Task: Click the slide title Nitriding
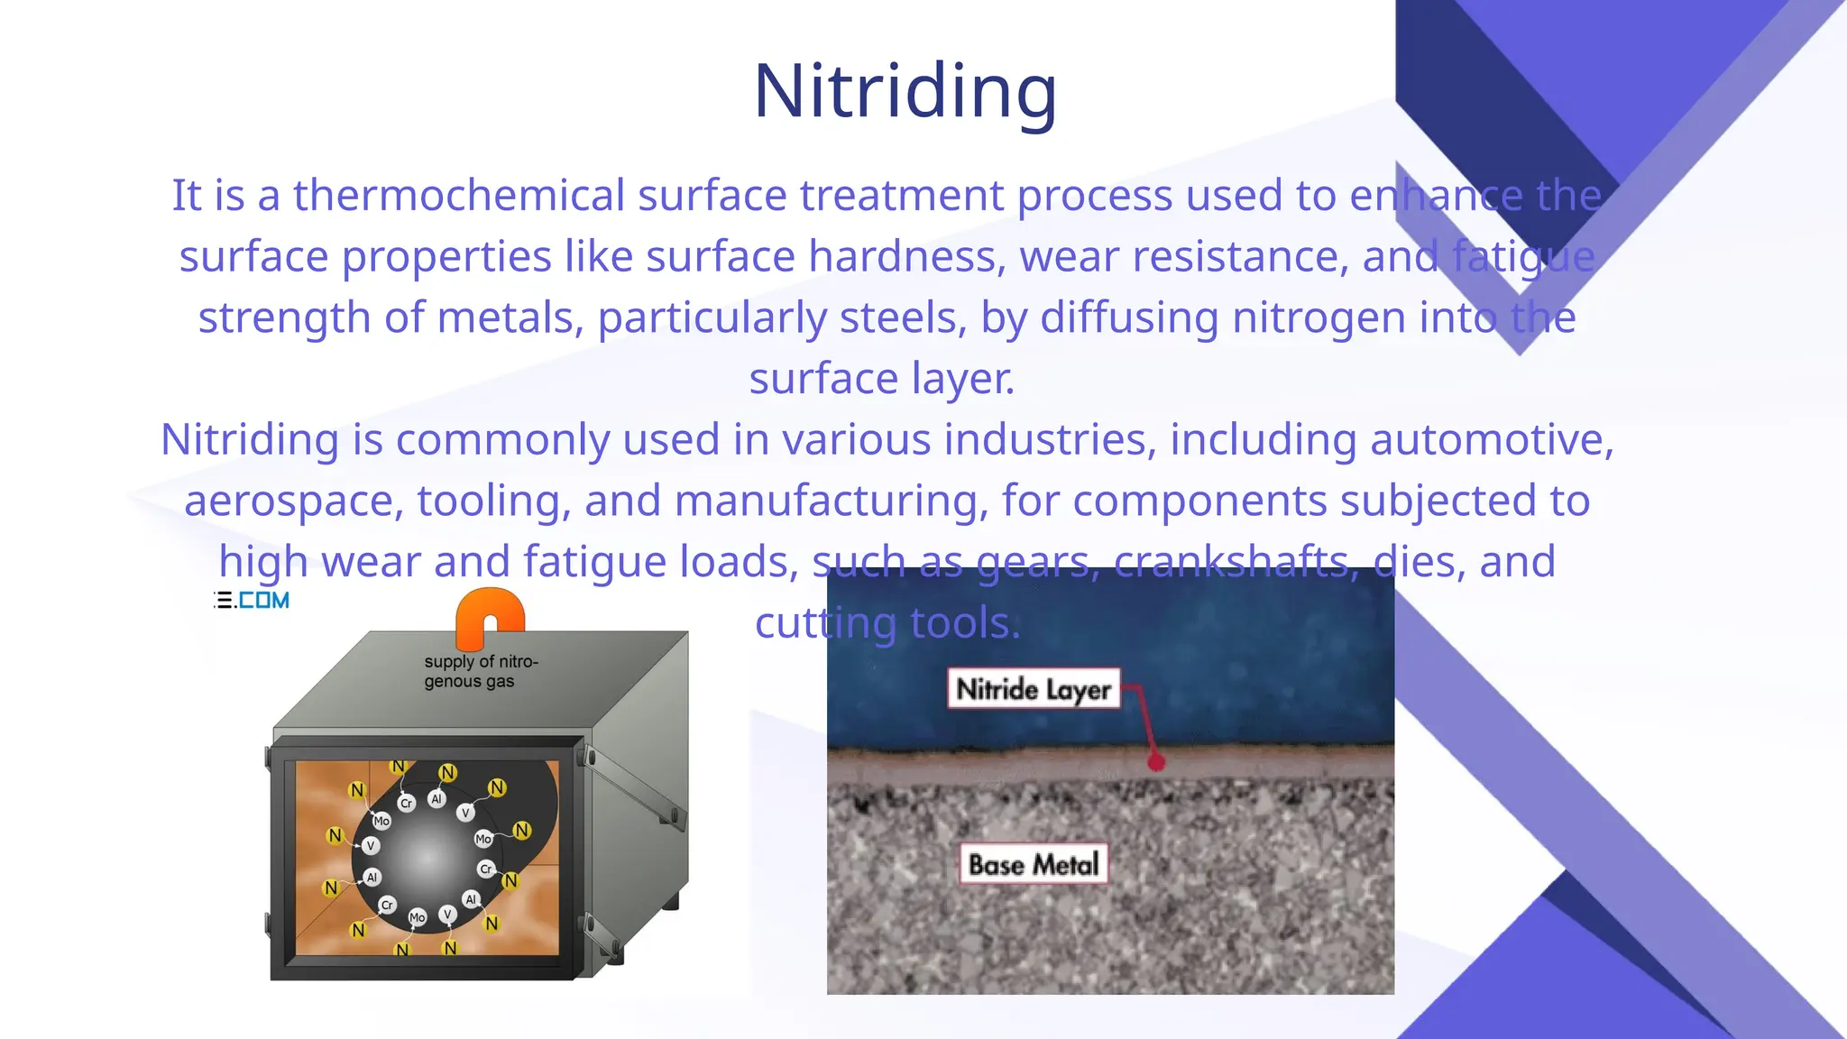coord(905,92)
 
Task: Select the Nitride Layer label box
coord(1033,689)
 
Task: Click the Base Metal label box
coord(1034,864)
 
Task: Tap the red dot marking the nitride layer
coord(1155,763)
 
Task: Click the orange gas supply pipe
coord(490,618)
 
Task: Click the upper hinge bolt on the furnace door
coord(591,756)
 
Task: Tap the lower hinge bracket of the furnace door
coord(602,938)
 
